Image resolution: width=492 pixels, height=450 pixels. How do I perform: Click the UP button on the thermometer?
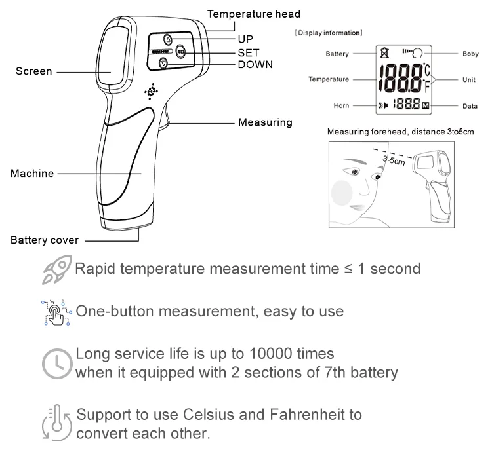pyautogui.click(x=168, y=40)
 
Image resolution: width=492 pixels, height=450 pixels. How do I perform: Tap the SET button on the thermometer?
pyautogui.click(x=180, y=51)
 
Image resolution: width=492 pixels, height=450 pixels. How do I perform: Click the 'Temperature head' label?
pyautogui.click(x=253, y=14)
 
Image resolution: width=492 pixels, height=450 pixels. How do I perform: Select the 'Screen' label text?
pyautogui.click(x=34, y=71)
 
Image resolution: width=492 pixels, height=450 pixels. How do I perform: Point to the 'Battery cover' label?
pyautogui.click(x=45, y=240)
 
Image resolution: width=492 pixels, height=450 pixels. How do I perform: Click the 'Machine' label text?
pyautogui.click(x=32, y=174)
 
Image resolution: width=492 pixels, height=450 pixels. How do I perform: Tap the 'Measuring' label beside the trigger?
pyautogui.click(x=265, y=122)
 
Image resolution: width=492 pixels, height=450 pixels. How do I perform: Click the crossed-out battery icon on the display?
pyautogui.click(x=384, y=52)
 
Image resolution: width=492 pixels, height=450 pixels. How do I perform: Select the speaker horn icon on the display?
pyautogui.click(x=383, y=105)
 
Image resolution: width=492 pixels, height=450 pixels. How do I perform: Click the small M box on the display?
pyautogui.click(x=426, y=106)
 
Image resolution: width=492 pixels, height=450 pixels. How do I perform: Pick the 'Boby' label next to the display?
pyautogui.click(x=470, y=54)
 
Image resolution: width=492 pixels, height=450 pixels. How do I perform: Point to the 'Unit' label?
pyautogui.click(x=469, y=80)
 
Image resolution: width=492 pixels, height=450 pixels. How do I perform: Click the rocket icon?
pyautogui.click(x=57, y=269)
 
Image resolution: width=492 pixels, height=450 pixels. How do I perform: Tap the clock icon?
pyautogui.click(x=57, y=364)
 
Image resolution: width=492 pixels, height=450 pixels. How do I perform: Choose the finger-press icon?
pyautogui.click(x=56, y=312)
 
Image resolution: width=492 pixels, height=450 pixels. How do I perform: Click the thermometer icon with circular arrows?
pyautogui.click(x=57, y=422)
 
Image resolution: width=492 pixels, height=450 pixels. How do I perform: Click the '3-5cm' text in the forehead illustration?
pyautogui.click(x=394, y=160)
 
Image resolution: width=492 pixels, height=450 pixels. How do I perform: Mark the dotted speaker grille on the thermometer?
pyautogui.click(x=152, y=92)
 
